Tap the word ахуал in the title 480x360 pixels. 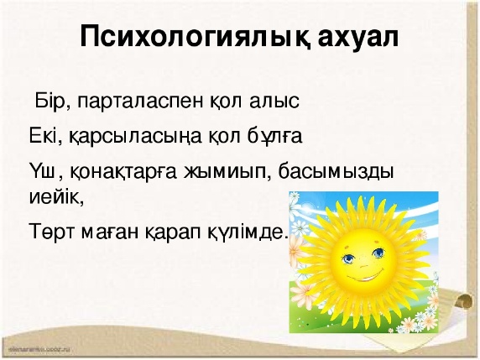pyautogui.click(x=358, y=38)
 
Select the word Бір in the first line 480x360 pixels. pyautogui.click(x=53, y=101)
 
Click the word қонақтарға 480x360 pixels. pyautogui.click(x=123, y=173)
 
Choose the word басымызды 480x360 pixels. pyautogui.click(x=337, y=173)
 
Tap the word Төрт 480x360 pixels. pyautogui.click(x=52, y=232)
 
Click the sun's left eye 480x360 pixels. pyautogui.click(x=348, y=258)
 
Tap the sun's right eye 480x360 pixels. pyautogui.click(x=378, y=253)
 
